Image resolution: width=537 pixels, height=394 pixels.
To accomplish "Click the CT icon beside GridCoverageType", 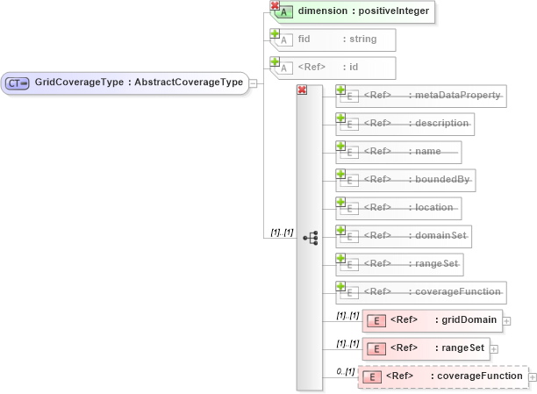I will [x=18, y=83].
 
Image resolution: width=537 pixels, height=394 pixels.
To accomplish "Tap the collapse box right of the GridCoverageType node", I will [x=253, y=83].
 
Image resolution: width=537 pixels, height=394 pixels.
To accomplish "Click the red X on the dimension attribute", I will [x=275, y=6].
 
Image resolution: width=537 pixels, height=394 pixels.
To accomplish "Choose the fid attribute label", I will [x=304, y=39].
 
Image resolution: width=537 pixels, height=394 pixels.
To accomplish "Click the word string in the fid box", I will [x=363, y=39].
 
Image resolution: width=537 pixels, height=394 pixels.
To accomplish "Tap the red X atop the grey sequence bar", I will [x=302, y=90].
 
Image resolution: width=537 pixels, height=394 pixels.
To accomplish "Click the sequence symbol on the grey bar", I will [x=310, y=238].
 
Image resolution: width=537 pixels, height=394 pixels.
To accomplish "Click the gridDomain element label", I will [x=470, y=320].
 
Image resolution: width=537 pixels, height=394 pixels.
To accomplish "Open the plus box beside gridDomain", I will [x=506, y=321].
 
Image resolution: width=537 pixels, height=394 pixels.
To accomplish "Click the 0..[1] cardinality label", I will [x=345, y=372].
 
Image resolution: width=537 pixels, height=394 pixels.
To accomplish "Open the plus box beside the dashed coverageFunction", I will [x=533, y=377].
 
